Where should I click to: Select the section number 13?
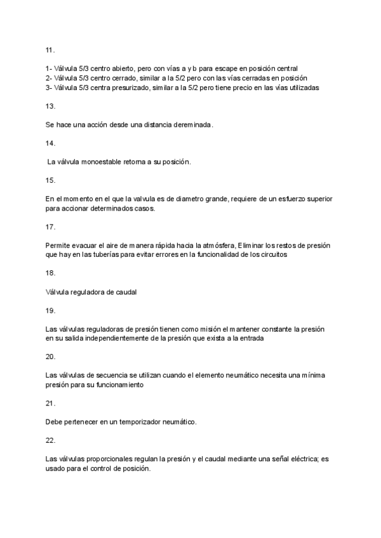pos(50,106)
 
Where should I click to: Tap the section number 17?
pos(50,226)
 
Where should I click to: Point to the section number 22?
pos(50,440)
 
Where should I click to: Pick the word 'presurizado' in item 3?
pos(127,88)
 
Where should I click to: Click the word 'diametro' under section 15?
pos(171,199)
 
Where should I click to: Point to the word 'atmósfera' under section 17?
pos(215,245)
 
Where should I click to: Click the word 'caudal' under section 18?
pos(126,292)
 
